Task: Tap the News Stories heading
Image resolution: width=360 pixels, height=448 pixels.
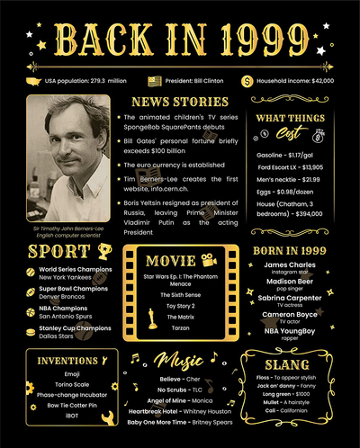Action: coord(179,101)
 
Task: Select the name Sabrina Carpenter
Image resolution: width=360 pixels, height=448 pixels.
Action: coord(290,298)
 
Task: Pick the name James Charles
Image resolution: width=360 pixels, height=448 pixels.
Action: coord(290,264)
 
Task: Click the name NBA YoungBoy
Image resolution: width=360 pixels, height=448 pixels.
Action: coord(290,330)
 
